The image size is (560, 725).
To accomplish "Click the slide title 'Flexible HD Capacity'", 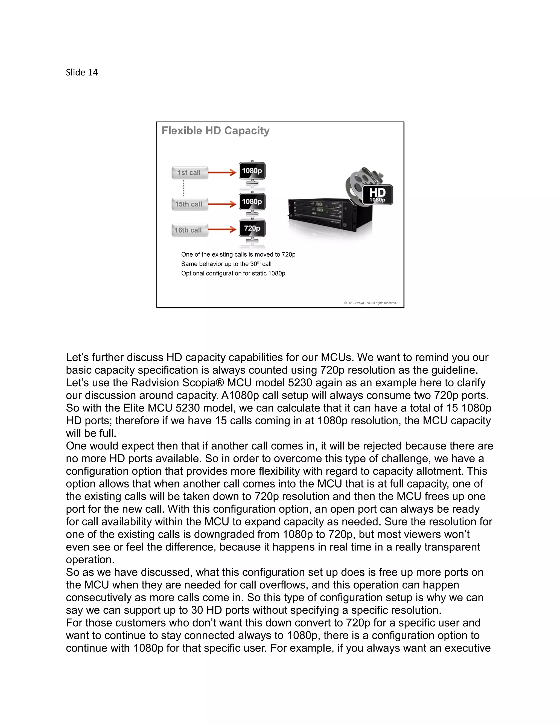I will tap(215, 131).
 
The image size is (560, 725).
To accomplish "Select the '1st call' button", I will tap(189, 173).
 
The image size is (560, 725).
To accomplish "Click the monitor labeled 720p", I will tap(252, 229).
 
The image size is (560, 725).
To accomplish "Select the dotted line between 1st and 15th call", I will tap(183, 188).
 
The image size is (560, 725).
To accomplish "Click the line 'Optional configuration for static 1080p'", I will tap(233, 274).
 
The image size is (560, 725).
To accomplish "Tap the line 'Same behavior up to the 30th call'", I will tap(226, 264).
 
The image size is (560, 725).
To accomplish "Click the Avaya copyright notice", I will tap(370, 303).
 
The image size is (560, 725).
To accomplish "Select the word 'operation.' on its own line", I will tap(90, 560).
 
